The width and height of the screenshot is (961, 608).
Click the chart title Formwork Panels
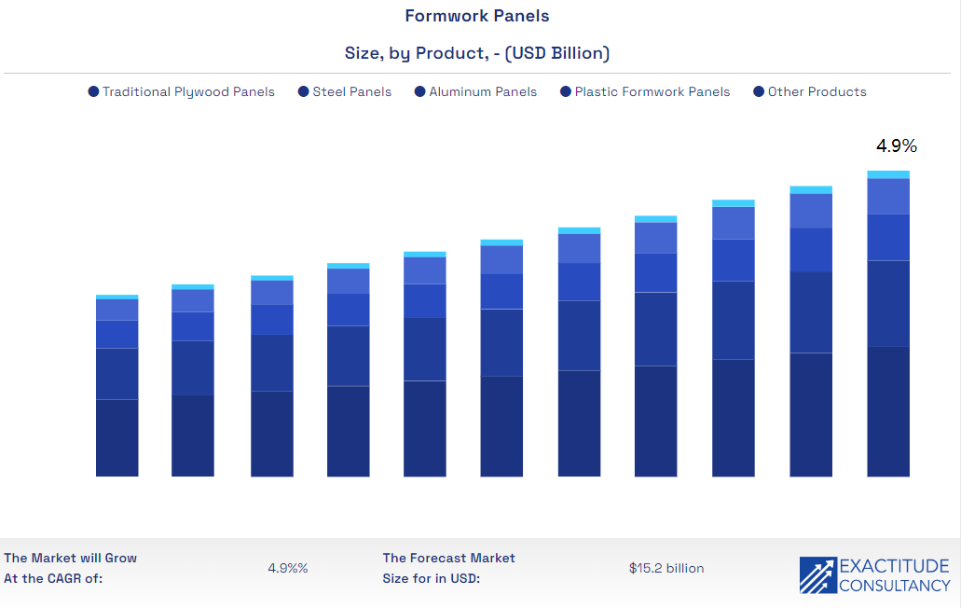coord(477,16)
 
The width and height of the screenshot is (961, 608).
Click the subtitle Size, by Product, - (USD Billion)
coord(477,53)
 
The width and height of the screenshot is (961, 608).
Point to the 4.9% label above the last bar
coord(896,146)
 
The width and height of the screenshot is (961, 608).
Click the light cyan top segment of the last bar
coord(888,174)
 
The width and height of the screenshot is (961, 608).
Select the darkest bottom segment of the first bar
coord(117,437)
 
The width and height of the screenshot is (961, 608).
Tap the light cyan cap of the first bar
coord(117,297)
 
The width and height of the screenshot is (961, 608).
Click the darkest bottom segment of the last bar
coord(888,411)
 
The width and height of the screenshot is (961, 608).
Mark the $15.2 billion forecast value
coord(666,568)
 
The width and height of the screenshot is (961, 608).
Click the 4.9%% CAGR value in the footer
coord(287,568)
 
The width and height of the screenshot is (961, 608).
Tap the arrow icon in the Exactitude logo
coord(817,575)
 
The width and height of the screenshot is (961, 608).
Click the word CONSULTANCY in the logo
coord(894,586)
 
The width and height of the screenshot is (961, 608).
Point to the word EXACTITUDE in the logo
coord(894,566)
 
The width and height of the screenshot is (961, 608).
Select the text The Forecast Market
coord(448,558)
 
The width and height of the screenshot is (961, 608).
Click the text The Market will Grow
coord(71,558)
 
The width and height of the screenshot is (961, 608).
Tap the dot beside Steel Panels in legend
coord(304,91)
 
